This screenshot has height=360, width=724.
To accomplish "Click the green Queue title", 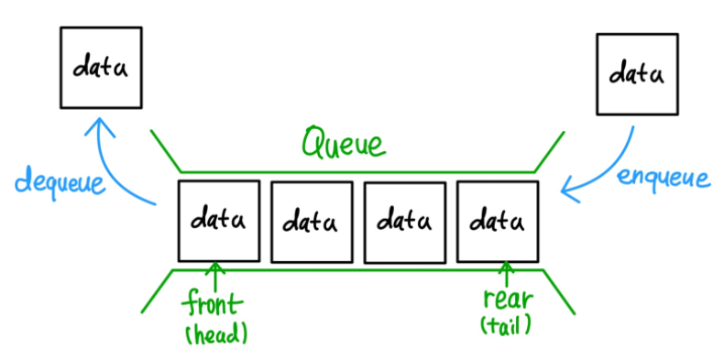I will [344, 144].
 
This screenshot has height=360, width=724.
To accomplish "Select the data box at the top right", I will [638, 74].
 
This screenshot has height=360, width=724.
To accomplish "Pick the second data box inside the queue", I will [312, 222].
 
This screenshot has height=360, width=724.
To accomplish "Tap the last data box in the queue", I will [498, 221].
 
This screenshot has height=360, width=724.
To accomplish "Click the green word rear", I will [506, 300].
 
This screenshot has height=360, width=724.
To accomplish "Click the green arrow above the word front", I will [216, 275].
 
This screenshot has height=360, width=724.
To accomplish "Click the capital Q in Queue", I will [314, 142].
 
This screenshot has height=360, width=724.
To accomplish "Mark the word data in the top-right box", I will [638, 74].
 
